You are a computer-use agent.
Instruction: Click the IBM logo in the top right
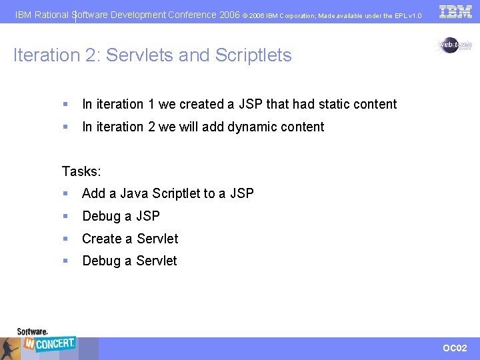(455, 11)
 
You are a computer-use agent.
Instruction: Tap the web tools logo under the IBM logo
(455, 45)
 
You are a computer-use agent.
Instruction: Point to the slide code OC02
(455, 348)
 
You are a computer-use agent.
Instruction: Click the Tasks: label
(81, 171)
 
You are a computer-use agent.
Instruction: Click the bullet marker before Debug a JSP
(65, 216)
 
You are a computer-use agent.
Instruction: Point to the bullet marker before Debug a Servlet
(65, 261)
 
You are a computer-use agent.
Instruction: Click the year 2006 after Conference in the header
(229, 14)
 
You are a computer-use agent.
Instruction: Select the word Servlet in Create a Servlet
(157, 239)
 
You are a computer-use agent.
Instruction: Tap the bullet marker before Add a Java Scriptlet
(65, 193)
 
